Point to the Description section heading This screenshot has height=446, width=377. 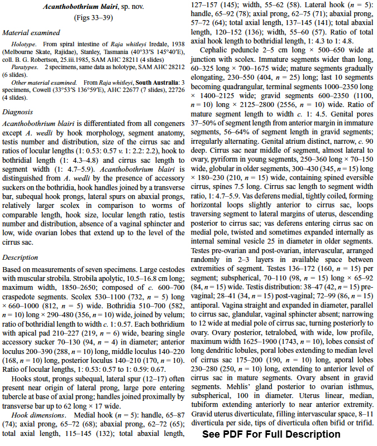coord(20,257)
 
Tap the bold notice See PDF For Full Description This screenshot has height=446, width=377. coord(270,434)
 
